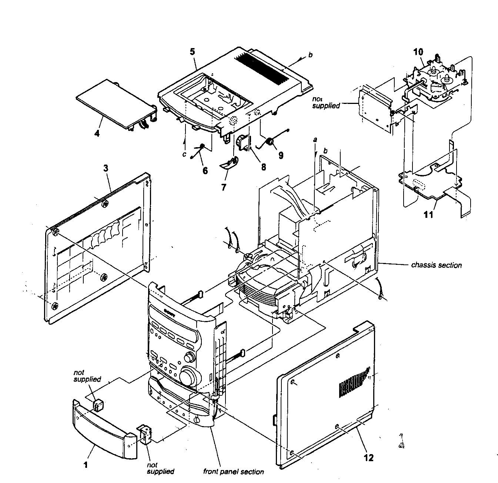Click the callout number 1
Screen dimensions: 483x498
(86, 465)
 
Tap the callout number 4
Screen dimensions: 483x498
(97, 133)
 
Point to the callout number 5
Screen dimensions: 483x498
(193, 51)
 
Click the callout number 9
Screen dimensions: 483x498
(281, 155)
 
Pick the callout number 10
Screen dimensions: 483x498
(418, 52)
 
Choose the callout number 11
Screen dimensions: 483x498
(428, 215)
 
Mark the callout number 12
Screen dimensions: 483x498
(368, 457)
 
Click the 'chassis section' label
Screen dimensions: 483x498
(436, 265)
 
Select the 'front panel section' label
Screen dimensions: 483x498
(233, 472)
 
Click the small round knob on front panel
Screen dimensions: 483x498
(190, 358)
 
